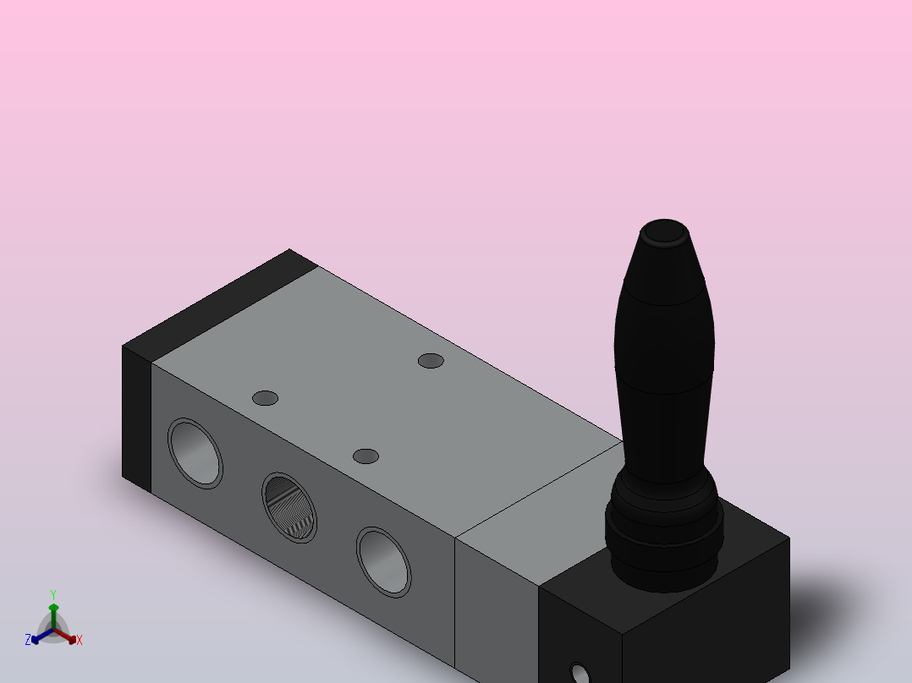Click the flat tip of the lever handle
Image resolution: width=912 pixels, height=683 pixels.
tap(664, 232)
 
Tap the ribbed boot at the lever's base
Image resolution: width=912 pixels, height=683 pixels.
tap(665, 533)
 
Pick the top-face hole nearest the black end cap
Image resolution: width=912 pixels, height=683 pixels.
tap(266, 398)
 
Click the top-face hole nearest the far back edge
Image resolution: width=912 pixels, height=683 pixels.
tap(431, 361)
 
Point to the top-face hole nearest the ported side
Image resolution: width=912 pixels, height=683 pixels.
tap(365, 456)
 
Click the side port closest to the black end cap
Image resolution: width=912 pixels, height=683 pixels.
tap(195, 452)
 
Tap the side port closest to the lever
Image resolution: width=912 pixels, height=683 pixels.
tap(383, 562)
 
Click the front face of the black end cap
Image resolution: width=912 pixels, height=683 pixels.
tap(136, 418)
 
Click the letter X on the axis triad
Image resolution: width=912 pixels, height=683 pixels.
tap(80, 641)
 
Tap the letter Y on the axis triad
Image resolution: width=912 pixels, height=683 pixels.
tap(53, 594)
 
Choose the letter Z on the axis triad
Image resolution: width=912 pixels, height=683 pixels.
tap(28, 641)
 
